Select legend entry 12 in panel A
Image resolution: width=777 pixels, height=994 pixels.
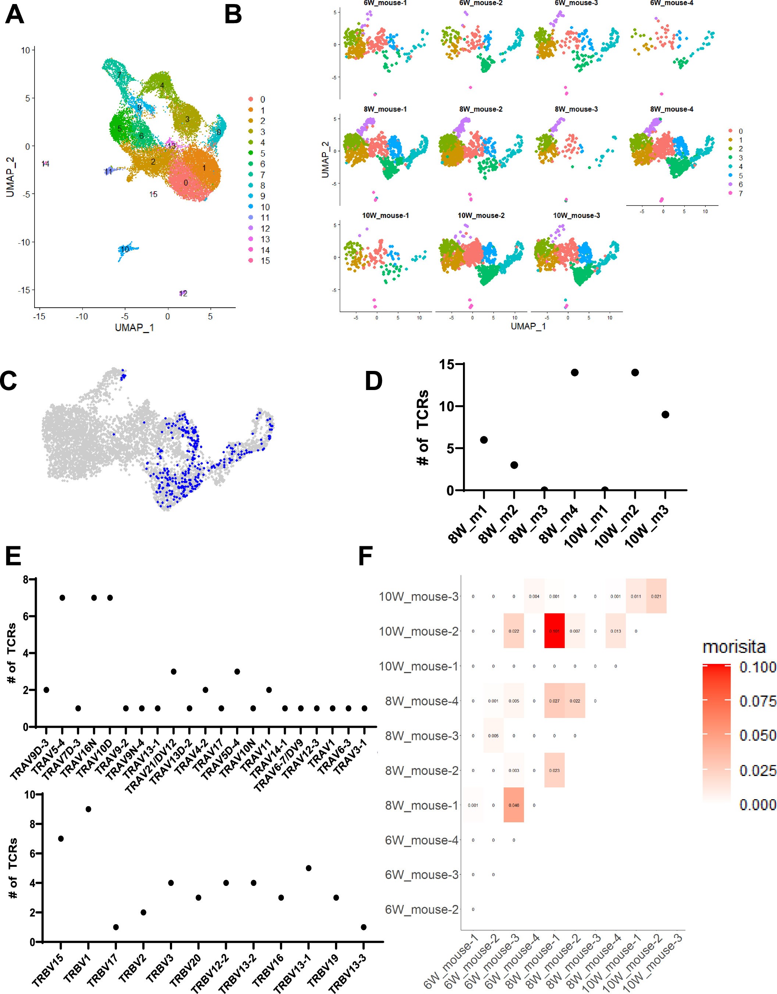(264, 229)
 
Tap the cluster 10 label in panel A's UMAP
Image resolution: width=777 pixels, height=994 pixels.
(124, 249)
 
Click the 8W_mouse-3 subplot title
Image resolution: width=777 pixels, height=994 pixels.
(576, 109)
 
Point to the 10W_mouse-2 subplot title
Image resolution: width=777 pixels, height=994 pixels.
(481, 215)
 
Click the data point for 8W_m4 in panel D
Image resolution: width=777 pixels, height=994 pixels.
(574, 372)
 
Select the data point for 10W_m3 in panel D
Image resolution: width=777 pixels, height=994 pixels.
(665, 415)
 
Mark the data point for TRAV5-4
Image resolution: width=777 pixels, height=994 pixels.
(63, 598)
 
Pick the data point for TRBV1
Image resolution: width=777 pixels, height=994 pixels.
(88, 809)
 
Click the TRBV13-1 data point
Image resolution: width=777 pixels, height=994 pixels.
(308, 868)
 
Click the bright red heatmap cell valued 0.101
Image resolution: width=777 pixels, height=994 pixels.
(555, 631)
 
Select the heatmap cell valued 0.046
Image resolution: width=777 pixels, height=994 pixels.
(513, 805)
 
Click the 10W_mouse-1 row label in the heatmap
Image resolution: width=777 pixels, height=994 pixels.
(418, 666)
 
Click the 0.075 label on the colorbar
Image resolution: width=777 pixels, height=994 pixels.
(757, 701)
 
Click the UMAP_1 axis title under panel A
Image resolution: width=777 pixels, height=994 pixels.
(134, 328)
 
